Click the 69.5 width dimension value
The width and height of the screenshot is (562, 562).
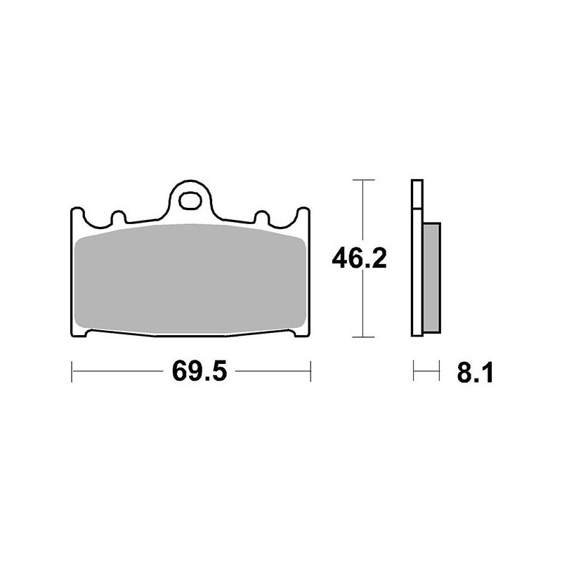(x=200, y=372)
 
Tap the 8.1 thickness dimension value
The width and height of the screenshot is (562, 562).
(x=475, y=373)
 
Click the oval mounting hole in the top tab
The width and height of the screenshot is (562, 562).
(x=190, y=201)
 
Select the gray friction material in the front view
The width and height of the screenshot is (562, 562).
(x=190, y=278)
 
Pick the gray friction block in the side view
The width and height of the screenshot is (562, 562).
(x=431, y=277)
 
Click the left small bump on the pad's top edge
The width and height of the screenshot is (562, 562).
(x=119, y=217)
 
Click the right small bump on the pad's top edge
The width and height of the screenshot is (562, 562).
(x=261, y=217)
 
